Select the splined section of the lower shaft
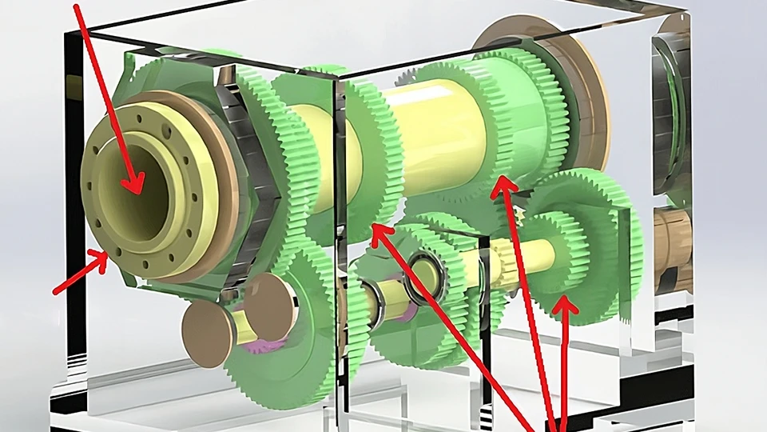(511, 260)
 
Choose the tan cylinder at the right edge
(675, 248)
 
